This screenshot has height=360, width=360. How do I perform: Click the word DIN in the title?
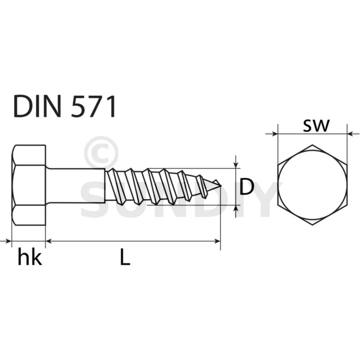37,107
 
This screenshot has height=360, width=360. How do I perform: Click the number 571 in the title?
93,107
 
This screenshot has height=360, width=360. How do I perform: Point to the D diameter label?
246,187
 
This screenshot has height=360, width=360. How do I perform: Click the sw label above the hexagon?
316,126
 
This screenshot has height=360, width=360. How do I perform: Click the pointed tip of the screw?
221,185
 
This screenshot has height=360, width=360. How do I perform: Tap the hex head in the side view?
29,185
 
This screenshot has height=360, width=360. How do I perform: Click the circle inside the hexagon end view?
312,185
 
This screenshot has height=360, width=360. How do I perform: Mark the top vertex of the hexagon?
312,144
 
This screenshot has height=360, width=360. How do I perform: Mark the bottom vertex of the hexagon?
312,225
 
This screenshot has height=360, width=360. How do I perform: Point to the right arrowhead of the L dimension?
217,241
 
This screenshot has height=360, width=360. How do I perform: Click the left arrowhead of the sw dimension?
274,134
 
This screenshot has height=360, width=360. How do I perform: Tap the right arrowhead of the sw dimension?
351,134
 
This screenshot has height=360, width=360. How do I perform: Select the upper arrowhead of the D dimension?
236,165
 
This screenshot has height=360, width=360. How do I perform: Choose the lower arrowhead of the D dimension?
236,208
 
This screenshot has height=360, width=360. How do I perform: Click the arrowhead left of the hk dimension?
8,241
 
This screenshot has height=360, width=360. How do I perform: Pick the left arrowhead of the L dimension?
49,241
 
